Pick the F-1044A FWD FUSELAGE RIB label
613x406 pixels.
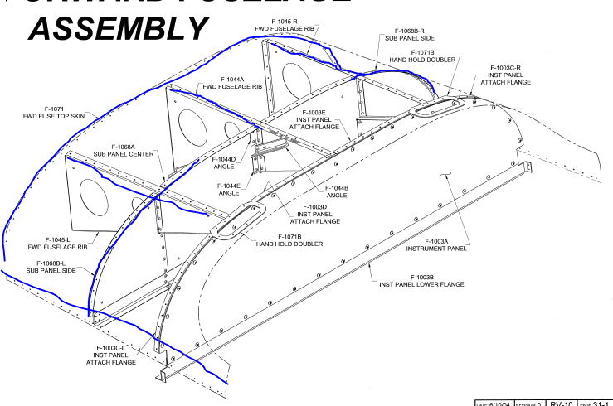tap(226, 82)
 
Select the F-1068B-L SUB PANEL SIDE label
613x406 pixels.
tap(51, 267)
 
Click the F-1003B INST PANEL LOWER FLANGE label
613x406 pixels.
tap(416, 280)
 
